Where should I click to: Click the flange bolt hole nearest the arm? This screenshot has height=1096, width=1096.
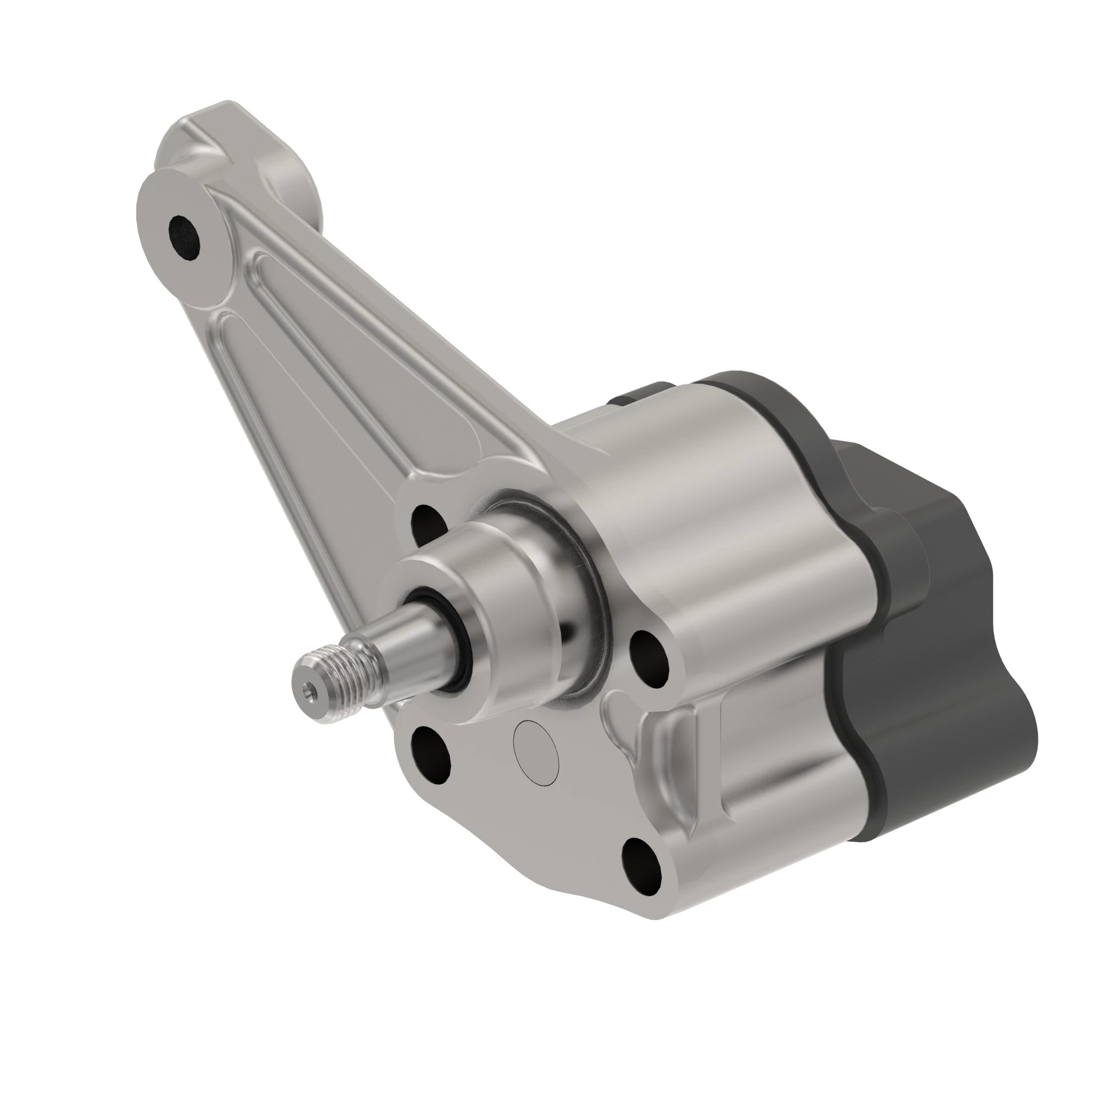click(426, 522)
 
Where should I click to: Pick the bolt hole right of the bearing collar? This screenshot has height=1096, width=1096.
click(650, 658)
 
